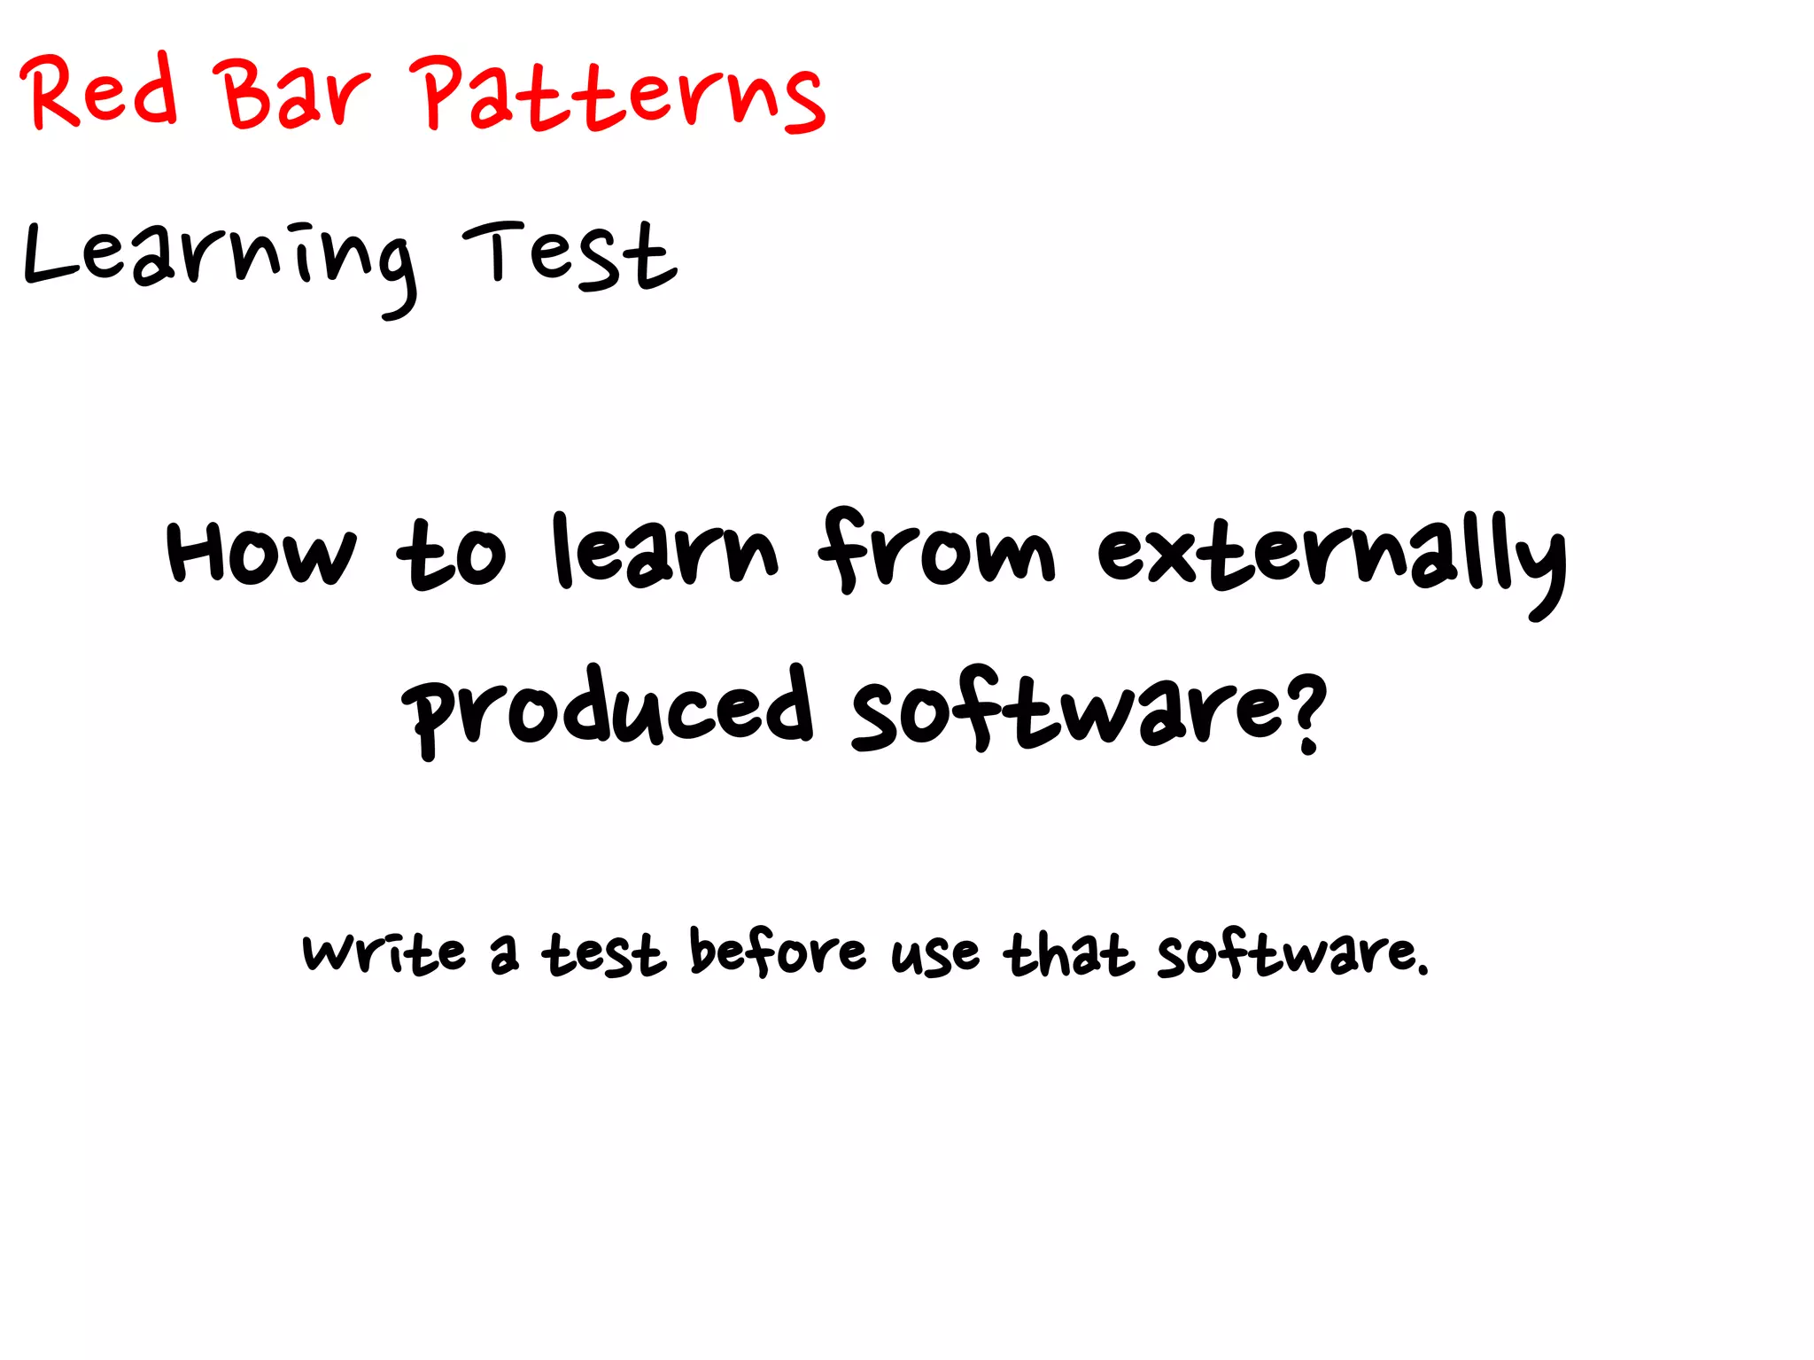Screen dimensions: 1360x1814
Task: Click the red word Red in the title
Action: pos(99,90)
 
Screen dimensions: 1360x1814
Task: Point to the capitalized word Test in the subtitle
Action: pos(570,257)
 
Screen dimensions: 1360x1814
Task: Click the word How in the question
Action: pos(261,553)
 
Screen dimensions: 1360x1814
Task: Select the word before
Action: pos(777,952)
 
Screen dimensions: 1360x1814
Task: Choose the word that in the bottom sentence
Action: pos(1068,954)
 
